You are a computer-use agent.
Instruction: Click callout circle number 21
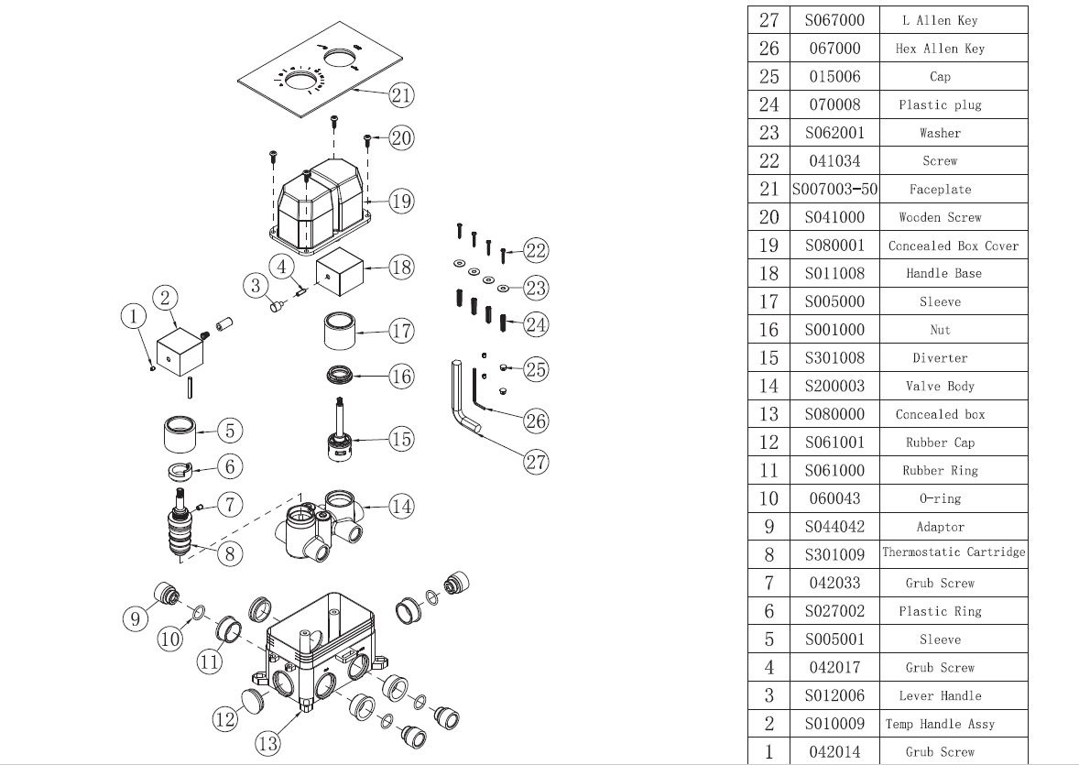point(400,94)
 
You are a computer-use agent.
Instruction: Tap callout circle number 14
point(400,505)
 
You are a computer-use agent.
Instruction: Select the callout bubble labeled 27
point(536,462)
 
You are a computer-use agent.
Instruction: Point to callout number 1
point(134,317)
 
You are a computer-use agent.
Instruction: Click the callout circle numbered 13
point(267,744)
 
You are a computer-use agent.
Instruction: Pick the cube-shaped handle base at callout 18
point(341,271)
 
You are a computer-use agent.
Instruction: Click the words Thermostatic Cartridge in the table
point(954,552)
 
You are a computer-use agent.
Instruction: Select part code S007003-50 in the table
point(834,190)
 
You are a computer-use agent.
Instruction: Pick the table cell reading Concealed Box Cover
point(953,246)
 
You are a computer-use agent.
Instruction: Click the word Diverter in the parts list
point(940,358)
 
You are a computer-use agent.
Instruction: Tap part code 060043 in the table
point(834,498)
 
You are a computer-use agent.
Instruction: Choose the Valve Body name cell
point(940,387)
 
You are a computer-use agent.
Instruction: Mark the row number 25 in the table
point(768,77)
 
